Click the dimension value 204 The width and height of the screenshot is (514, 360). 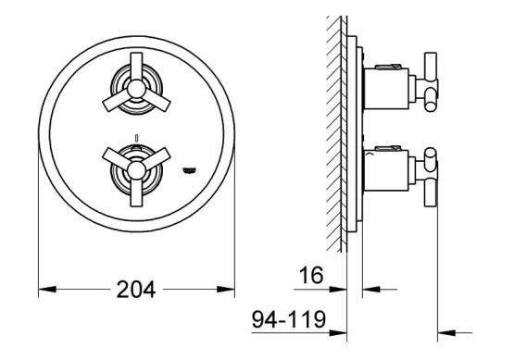click(136, 290)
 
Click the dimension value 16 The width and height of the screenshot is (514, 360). click(311, 275)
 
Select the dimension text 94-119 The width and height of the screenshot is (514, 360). click(289, 319)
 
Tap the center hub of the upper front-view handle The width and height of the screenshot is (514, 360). click(136, 89)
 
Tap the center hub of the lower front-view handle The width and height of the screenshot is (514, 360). click(136, 170)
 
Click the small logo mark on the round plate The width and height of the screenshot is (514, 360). click(190, 170)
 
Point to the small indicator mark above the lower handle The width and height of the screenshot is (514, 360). click(136, 137)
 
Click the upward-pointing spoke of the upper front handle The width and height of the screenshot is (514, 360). click(136, 67)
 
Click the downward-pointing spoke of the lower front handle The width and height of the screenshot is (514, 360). click(136, 192)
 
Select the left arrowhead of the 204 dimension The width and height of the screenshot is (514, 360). click(47, 290)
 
